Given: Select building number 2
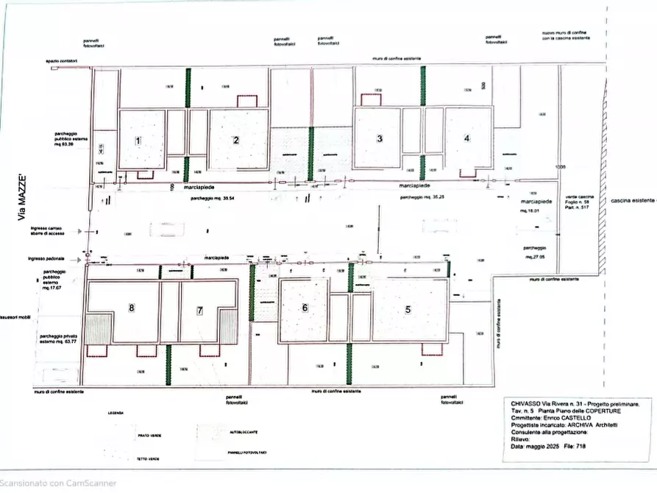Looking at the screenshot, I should click(x=236, y=140).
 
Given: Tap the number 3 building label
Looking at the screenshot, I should click(x=380, y=138).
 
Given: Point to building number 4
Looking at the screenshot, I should click(x=466, y=138).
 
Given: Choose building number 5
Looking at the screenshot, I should click(x=408, y=309).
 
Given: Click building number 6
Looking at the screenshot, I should click(x=304, y=309).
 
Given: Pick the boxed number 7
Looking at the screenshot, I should click(x=199, y=311).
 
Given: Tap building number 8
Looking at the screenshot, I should click(x=132, y=308).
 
